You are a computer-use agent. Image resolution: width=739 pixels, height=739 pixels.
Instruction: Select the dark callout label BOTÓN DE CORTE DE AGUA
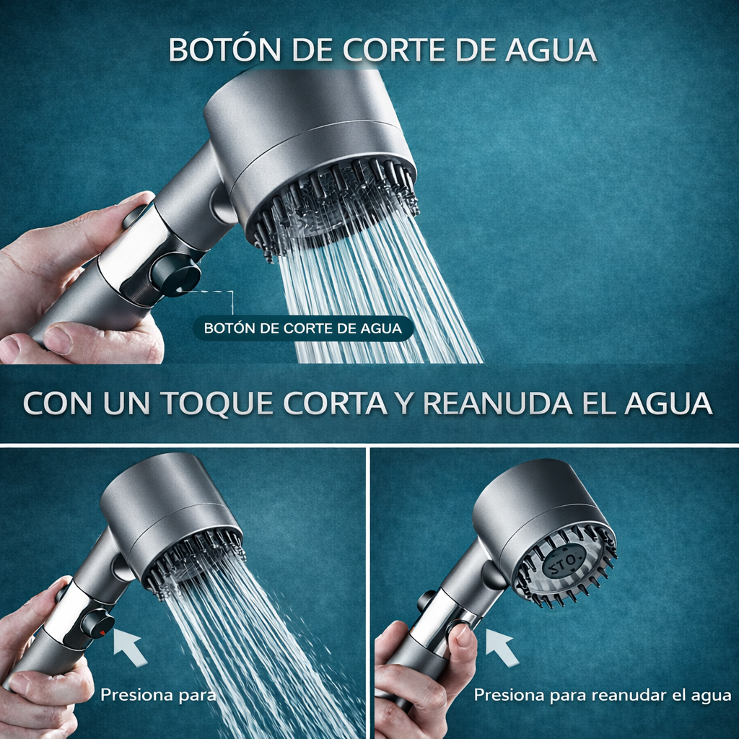click(302, 328)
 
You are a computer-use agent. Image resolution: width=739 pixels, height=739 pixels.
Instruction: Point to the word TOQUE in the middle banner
click(219, 404)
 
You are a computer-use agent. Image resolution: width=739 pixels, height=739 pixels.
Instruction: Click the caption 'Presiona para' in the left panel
click(157, 696)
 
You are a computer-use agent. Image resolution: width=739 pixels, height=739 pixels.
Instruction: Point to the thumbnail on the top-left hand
click(59, 339)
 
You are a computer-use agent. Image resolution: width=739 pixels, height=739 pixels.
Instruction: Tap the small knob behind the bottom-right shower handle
click(426, 600)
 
